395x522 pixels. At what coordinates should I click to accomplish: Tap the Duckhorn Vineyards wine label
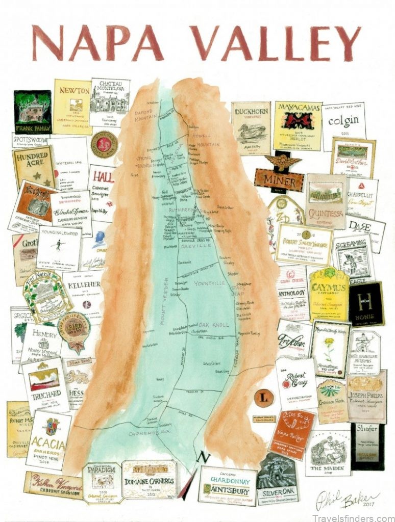pos(250,128)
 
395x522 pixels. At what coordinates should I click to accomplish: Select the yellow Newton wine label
pos(72,106)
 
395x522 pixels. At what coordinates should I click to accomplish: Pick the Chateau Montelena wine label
pos(110,101)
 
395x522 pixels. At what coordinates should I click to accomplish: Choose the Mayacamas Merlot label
pos(298,125)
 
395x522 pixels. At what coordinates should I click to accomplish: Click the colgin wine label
pos(343,125)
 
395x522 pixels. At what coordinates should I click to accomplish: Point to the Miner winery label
pos(279,176)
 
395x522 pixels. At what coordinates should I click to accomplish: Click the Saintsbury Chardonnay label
pos(227,484)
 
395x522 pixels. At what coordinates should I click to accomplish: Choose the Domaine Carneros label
pos(149,479)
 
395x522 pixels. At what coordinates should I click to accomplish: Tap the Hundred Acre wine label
pos(34,166)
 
